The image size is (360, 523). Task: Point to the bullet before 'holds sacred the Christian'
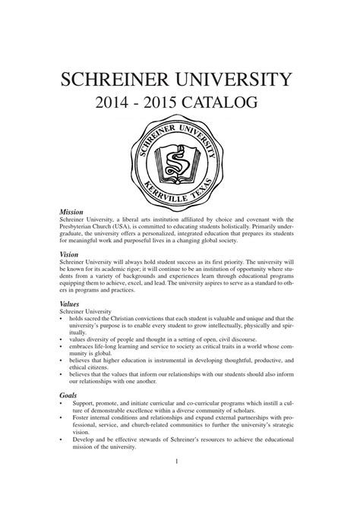(x=61, y=319)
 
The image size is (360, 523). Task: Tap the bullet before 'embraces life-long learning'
(x=61, y=348)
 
